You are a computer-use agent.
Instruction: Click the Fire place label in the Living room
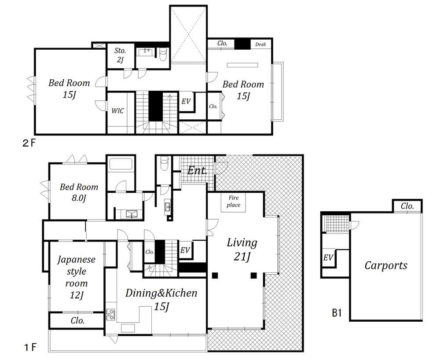(234, 201)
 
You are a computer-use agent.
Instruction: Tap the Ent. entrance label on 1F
(197, 170)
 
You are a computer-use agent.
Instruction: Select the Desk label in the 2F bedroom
(260, 44)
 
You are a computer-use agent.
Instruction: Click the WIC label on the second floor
(117, 110)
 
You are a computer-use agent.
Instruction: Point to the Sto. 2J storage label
(120, 55)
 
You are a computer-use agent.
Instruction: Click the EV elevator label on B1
(328, 257)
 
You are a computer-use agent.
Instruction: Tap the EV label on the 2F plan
(186, 101)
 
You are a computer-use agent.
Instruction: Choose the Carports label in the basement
(386, 265)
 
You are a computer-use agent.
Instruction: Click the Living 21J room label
(242, 250)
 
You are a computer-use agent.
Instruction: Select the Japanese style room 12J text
(76, 277)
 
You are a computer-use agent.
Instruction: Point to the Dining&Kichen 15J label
(161, 299)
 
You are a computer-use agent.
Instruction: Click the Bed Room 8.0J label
(79, 192)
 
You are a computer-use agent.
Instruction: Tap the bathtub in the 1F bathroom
(121, 165)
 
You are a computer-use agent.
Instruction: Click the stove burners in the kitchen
(110, 315)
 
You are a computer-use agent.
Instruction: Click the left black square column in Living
(215, 276)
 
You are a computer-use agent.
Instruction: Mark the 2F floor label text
(29, 143)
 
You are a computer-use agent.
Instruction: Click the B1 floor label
(337, 313)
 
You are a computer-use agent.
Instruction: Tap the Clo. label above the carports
(407, 206)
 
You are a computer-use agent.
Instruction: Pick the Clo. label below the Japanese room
(78, 320)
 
